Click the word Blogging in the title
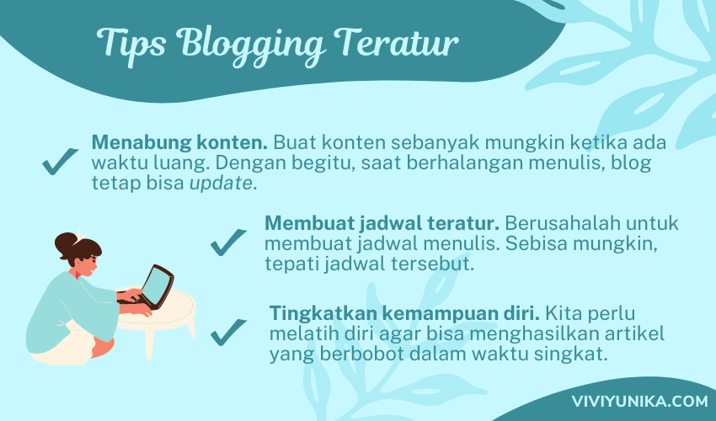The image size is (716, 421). (x=251, y=45)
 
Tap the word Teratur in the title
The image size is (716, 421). (x=396, y=42)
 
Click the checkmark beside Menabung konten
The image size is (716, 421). (x=61, y=161)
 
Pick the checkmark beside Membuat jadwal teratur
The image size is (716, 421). (x=228, y=242)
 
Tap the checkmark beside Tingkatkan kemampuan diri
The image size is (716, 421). (x=228, y=333)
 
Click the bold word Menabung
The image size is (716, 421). (x=142, y=143)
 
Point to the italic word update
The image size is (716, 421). (x=221, y=184)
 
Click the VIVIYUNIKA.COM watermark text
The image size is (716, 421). (x=639, y=402)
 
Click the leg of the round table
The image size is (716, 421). (x=149, y=344)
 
